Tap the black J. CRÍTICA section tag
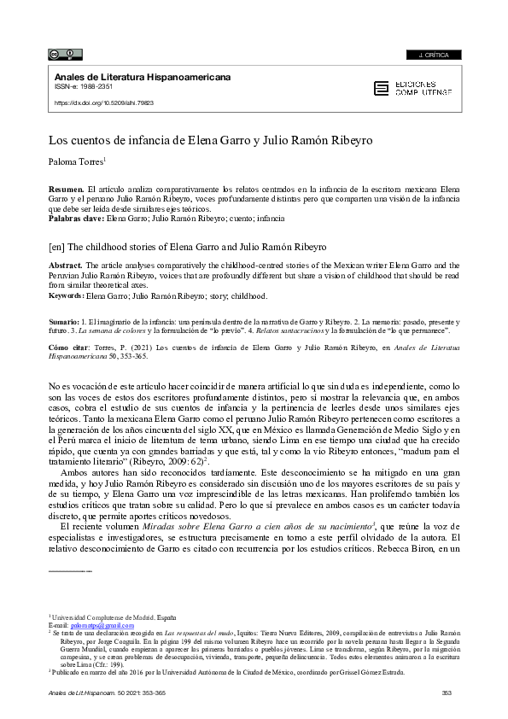click(435, 56)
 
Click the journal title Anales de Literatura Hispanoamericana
click(142, 77)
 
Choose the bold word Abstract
click(65, 266)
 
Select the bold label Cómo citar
click(67, 349)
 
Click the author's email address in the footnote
click(92, 625)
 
